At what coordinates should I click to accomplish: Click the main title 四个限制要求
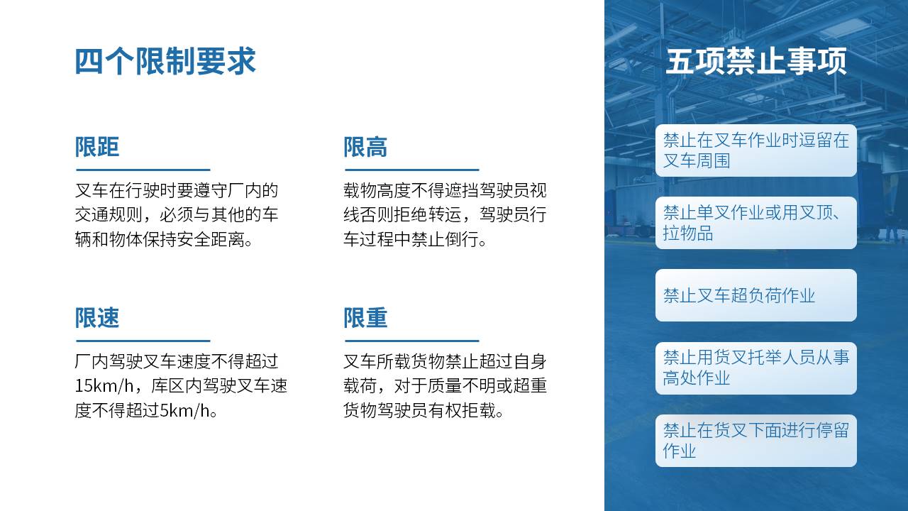165,61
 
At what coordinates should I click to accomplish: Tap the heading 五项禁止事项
756,61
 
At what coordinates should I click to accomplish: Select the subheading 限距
97,147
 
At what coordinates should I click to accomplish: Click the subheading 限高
365,147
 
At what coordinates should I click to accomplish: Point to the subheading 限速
97,317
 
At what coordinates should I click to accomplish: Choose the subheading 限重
365,317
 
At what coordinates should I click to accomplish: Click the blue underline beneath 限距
143,170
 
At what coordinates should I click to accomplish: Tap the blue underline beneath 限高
412,170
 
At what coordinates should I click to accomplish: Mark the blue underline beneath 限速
143,341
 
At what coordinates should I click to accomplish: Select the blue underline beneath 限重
412,341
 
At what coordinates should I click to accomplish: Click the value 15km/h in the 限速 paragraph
104,386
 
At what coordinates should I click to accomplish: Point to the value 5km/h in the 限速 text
184,411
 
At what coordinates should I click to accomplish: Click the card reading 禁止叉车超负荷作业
756,295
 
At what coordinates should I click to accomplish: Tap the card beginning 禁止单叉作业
756,223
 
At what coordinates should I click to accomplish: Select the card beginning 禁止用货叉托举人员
756,368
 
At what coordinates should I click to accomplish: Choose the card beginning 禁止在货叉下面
756,441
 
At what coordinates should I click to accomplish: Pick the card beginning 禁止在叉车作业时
756,150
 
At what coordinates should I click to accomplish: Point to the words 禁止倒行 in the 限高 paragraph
445,240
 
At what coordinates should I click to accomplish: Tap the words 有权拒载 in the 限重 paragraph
462,411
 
